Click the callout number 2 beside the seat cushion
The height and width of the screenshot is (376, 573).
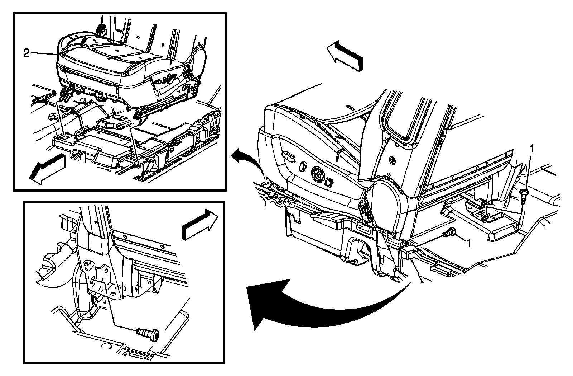click(26, 53)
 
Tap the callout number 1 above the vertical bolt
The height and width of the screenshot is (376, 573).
click(533, 148)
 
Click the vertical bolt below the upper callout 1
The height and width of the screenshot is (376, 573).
click(523, 196)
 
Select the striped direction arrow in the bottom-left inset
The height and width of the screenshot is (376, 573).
click(199, 223)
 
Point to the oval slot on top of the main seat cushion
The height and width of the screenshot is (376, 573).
click(350, 107)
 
